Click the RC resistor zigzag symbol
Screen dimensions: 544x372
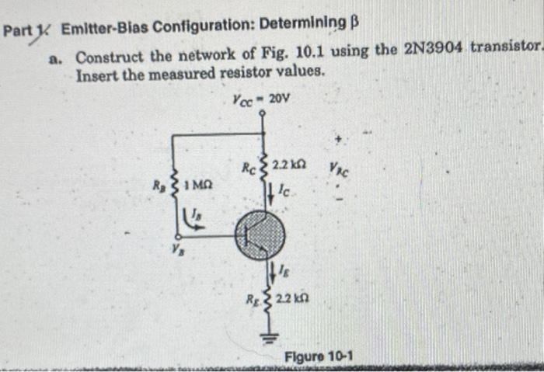tap(264, 165)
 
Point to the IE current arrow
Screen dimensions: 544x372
tap(273, 272)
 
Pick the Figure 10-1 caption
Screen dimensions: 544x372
tap(319, 356)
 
